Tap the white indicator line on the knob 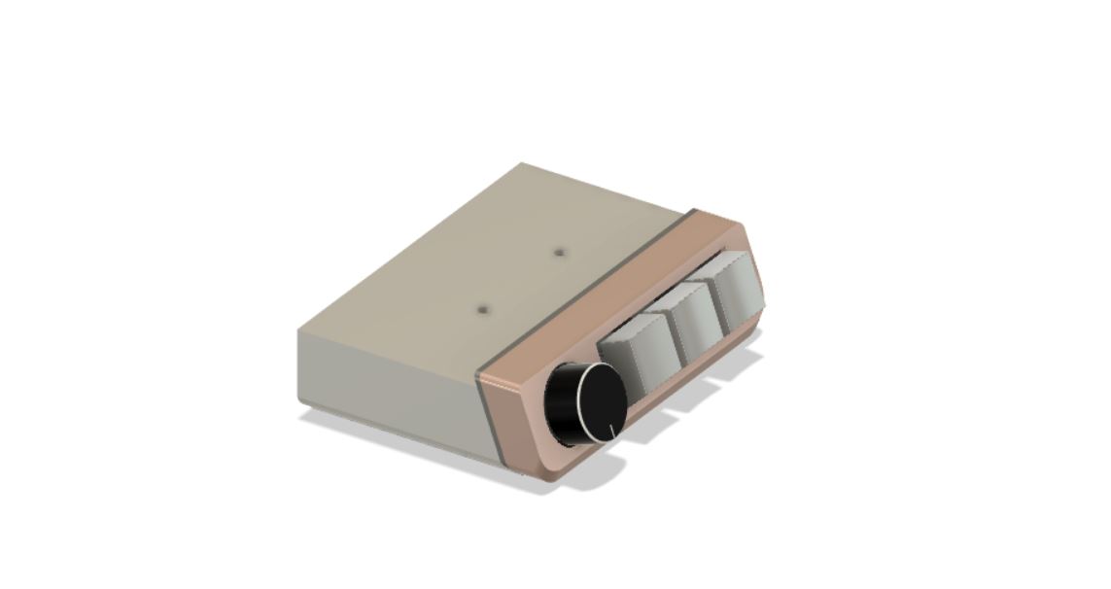[x=611, y=429]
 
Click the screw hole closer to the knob [x=483, y=310]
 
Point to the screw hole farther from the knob [x=560, y=253]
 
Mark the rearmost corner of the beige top [x=523, y=163]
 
